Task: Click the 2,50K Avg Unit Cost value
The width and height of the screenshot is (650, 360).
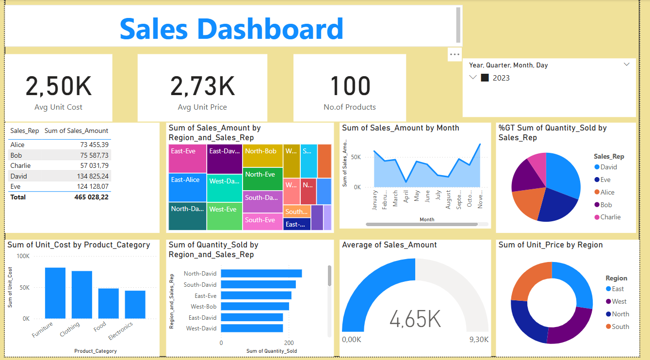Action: tap(58, 86)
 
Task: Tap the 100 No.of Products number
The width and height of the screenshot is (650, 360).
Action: tap(350, 86)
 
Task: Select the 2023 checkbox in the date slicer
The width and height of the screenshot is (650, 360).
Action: tap(485, 78)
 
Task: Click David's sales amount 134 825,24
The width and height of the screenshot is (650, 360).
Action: tap(92, 176)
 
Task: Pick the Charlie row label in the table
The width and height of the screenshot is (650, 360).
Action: tap(20, 165)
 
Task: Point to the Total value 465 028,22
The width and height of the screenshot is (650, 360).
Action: tap(91, 197)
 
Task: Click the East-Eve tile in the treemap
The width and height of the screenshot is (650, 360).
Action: tap(187, 158)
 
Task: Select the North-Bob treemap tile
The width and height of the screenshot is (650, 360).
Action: tap(262, 155)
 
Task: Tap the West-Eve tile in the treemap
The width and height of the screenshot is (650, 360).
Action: tap(225, 215)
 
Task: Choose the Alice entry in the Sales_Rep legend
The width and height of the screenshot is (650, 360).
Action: tap(607, 192)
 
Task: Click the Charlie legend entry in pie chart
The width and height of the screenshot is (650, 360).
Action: tap(610, 217)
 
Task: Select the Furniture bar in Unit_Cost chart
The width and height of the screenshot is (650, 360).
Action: tap(55, 293)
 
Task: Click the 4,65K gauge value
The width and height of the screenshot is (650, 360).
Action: tap(415, 319)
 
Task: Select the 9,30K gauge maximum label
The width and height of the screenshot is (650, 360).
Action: tap(479, 340)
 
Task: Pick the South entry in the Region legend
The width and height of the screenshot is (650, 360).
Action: tap(620, 327)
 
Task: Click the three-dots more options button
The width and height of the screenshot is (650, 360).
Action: tap(455, 54)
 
